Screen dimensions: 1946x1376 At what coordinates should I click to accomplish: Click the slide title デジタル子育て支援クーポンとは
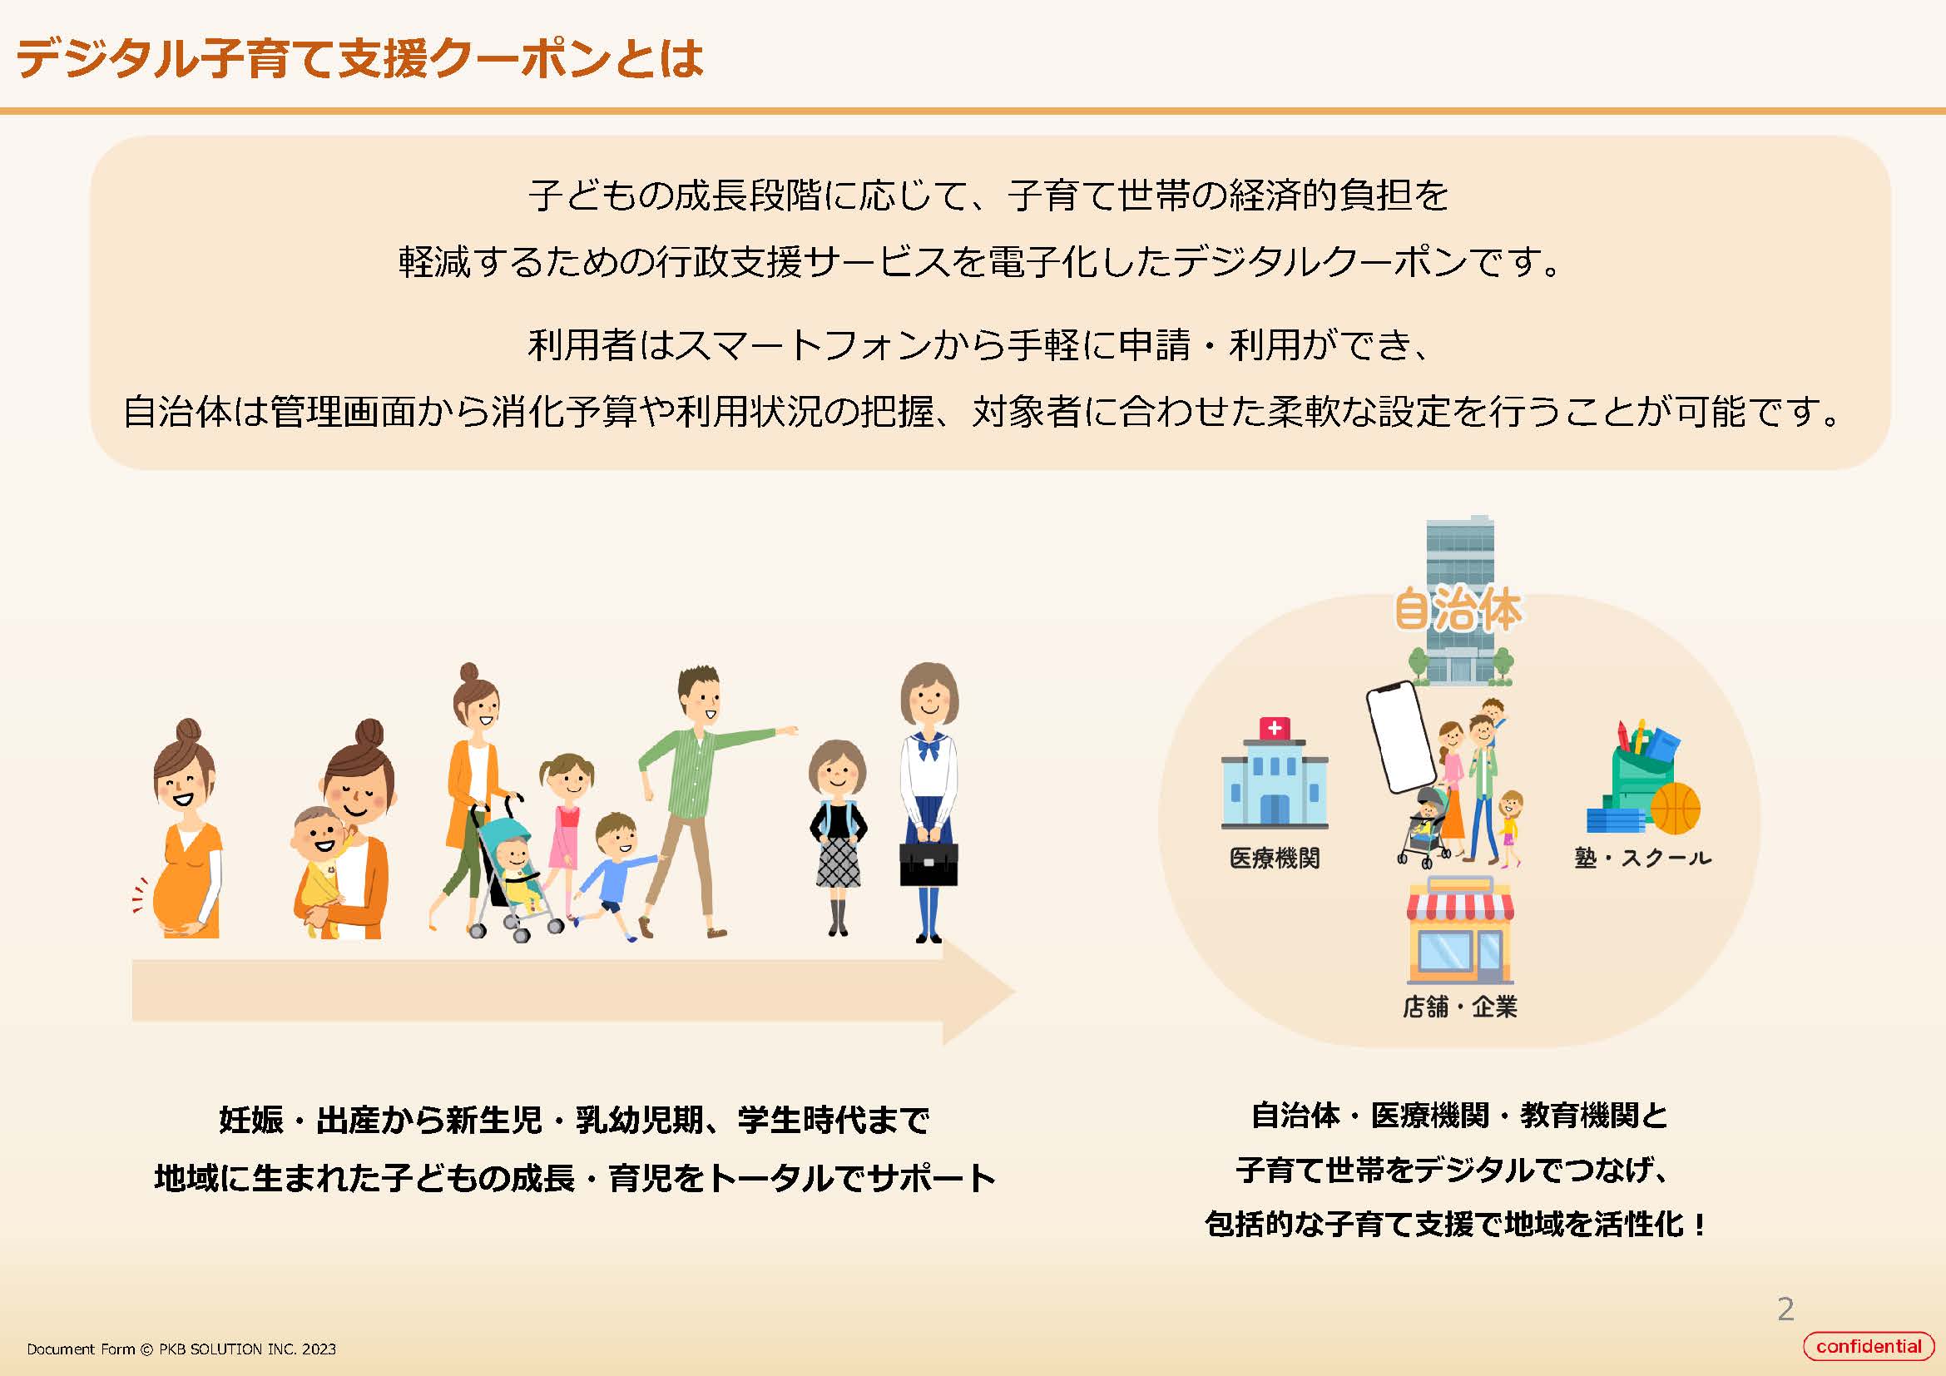point(359,58)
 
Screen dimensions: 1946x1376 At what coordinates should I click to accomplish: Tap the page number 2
point(1785,1309)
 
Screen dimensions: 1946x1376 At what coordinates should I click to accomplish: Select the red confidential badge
point(1868,1346)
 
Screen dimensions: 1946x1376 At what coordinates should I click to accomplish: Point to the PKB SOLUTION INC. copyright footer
point(181,1349)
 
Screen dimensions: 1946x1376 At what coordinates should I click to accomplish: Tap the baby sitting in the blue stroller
point(518,873)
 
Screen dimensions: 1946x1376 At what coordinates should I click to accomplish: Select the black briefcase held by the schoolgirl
point(929,864)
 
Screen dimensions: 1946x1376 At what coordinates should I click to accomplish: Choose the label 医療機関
point(1275,859)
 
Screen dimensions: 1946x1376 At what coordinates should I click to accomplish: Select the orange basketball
point(1676,809)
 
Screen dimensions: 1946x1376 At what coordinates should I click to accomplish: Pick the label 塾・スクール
point(1642,859)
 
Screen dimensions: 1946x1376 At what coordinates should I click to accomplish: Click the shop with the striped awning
point(1459,930)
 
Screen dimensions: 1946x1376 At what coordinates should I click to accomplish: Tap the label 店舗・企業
point(1459,1007)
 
